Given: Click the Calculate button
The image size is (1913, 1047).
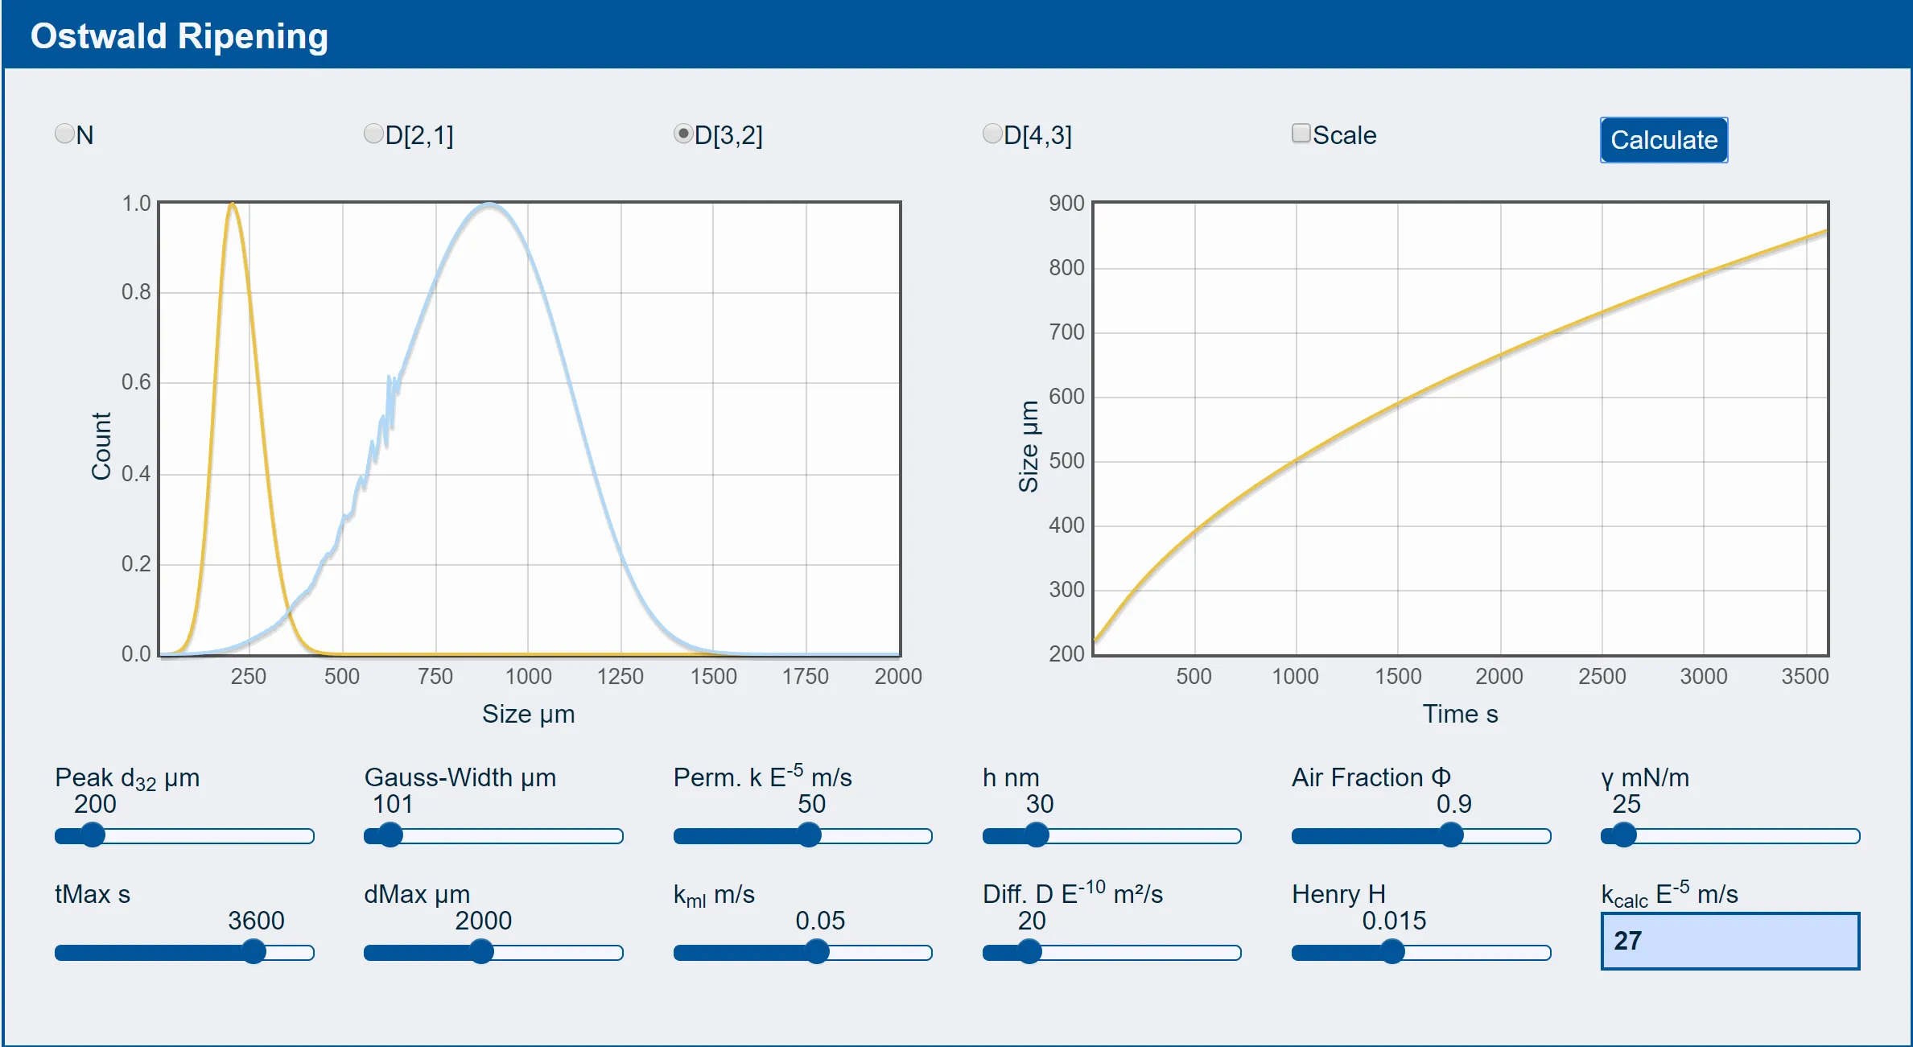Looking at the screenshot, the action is coord(1664,140).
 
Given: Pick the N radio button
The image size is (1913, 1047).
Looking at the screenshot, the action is coord(64,133).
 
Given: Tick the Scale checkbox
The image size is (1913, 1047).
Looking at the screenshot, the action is coord(1301,133).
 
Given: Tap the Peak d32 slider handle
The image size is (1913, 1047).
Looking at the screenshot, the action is coord(93,835).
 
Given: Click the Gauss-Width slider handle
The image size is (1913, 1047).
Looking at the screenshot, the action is coord(390,835).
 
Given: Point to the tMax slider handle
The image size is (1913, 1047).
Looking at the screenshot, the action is coord(254,952).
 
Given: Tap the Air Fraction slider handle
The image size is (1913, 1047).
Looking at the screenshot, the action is coord(1451,835).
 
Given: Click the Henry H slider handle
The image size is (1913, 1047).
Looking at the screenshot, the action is coord(1392,952).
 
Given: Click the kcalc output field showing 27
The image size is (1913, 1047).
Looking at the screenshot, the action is coord(1730,941).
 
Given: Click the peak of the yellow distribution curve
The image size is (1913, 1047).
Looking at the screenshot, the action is coord(232,204).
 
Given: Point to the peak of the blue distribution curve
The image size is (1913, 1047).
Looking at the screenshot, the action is coord(489,204).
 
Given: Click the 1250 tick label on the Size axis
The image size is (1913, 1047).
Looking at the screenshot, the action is coord(620,676).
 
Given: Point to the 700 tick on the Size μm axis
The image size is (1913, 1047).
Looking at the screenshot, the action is coord(1066,332).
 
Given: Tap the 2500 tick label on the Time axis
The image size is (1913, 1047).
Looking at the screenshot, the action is coord(1602,676).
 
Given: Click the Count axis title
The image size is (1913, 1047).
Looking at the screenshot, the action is coord(101,447).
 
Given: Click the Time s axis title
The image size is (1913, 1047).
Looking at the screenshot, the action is coord(1460,715).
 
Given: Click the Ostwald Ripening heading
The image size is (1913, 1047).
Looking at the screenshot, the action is coord(179,36).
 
